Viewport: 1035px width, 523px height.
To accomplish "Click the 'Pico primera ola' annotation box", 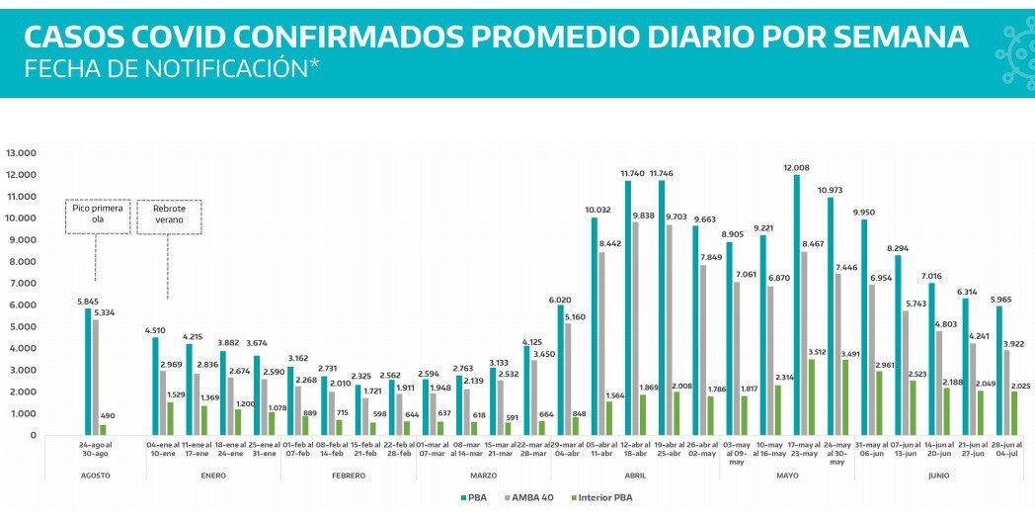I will pos(95,217).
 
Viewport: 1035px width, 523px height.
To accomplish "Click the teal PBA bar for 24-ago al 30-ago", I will pos(87,372).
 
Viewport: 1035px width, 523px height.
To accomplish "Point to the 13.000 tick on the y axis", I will pos(21,153).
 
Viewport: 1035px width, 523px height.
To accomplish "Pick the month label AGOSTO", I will pos(96,476).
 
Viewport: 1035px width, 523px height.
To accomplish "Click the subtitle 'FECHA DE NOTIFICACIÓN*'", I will pos(172,69).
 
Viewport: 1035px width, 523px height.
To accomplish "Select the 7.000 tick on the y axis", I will pos(21,283).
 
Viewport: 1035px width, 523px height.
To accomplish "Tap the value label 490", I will pos(106,417).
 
